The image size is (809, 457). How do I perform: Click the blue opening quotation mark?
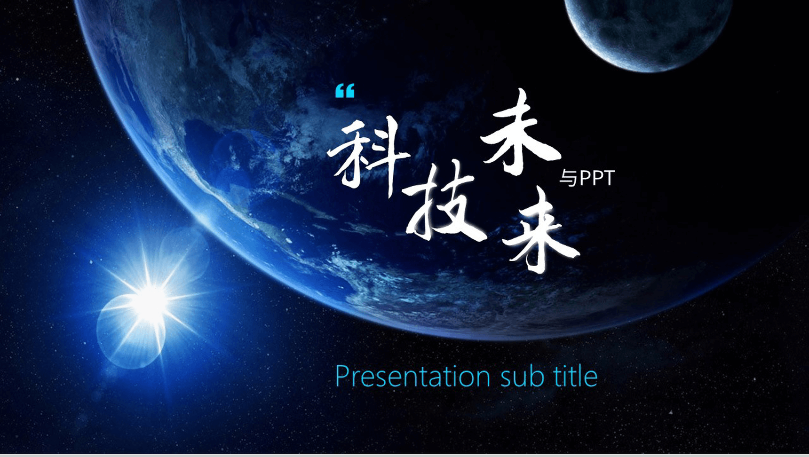tap(345, 91)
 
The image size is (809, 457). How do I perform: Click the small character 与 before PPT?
tap(568, 179)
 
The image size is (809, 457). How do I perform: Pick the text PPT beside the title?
tap(597, 178)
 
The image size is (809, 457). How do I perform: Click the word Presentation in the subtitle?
tap(413, 377)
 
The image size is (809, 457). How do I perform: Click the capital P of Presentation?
tap(343, 376)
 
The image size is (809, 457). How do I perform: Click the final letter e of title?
tap(591, 379)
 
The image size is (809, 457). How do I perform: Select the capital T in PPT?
tap(609, 178)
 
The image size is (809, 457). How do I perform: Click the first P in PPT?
tap(585, 178)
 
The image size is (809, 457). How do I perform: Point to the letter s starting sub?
tap(506, 379)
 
